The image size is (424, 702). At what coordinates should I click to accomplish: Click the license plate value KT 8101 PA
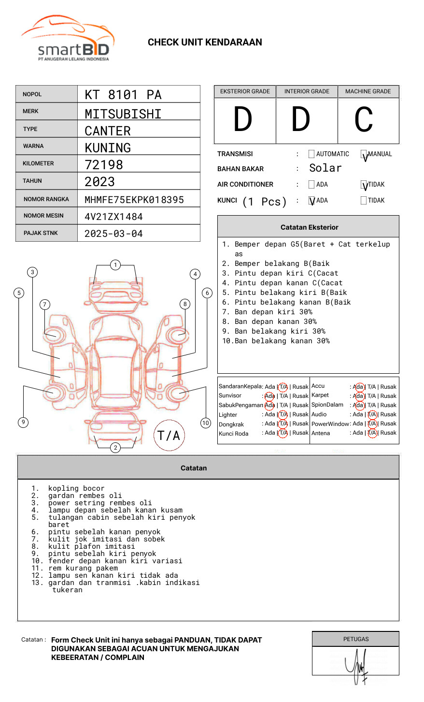coord(123,95)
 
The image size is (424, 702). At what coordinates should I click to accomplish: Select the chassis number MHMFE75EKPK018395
coord(134,200)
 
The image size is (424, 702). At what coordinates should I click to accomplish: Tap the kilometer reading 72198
coord(104,165)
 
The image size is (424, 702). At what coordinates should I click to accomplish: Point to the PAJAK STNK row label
coord(40,233)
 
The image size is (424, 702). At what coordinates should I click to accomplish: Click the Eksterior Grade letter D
coord(243,120)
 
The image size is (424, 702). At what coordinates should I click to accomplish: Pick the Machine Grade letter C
coord(364,120)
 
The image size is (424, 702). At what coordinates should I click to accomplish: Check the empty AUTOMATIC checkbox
coord(311,154)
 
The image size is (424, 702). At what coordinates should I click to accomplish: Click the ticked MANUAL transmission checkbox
coord(364,154)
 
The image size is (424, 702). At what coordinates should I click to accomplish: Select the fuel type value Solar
coord(325,168)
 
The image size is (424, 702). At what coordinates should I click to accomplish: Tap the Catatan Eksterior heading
coord(309,227)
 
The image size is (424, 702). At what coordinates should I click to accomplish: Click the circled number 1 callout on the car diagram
coord(115,265)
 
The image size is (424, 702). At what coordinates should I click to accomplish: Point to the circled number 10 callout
coord(206,423)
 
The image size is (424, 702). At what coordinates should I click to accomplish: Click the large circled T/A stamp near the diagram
coord(169,436)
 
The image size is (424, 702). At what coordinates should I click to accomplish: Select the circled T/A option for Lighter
coord(283,414)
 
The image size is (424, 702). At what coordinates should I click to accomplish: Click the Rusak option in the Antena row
coord(388,433)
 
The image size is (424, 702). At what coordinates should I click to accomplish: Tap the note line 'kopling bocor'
coord(76,488)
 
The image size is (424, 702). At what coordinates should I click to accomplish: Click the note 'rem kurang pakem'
coord(83,568)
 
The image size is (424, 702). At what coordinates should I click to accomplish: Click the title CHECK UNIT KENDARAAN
coord(205,43)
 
